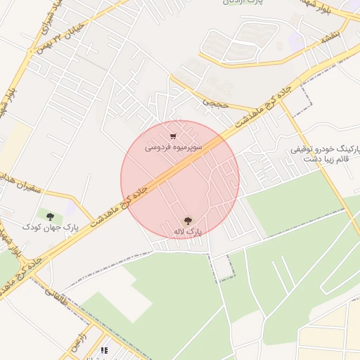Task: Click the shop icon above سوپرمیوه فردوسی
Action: point(173,136)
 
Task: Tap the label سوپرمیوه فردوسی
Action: point(174,148)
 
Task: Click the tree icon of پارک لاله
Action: point(188,220)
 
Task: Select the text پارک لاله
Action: point(188,231)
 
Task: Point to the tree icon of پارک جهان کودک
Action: point(49,216)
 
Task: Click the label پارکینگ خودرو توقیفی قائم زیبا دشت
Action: point(321,155)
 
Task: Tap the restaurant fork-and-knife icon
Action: point(105,349)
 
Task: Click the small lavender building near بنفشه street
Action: point(295,42)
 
